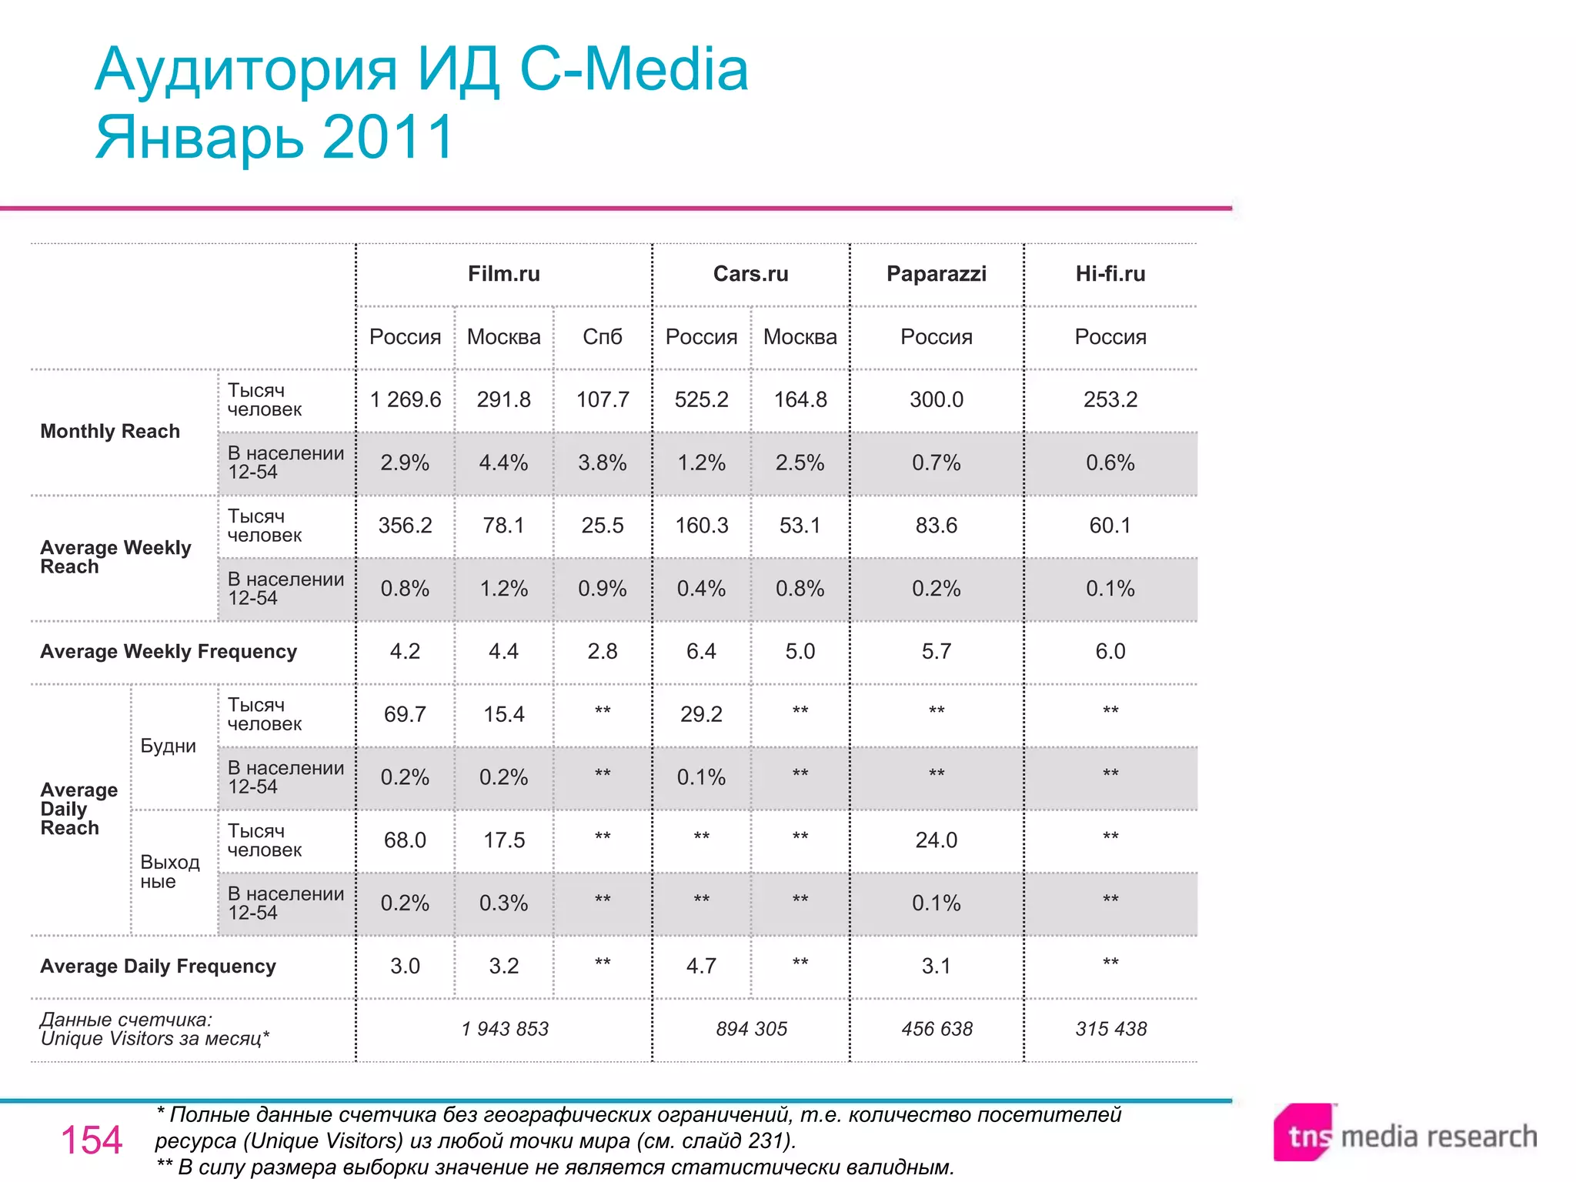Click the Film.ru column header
coord(504,274)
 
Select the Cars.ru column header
coord(750,274)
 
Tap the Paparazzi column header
coord(936,274)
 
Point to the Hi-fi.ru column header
coord(1110,274)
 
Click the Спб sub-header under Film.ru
coord(602,337)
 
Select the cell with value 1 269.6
coord(405,399)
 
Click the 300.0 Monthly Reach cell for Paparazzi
coord(936,399)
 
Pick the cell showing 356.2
coord(405,526)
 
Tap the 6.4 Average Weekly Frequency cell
coord(701,652)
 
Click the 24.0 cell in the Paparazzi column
coord(936,840)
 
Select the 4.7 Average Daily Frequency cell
coord(701,967)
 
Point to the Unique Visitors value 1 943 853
coord(505,1030)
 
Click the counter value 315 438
coord(1110,1030)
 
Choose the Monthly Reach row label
coord(110,432)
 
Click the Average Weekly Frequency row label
coord(169,652)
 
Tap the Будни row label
coord(168,746)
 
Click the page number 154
coord(91,1140)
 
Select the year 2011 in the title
coord(388,137)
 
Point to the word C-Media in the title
coord(633,69)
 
